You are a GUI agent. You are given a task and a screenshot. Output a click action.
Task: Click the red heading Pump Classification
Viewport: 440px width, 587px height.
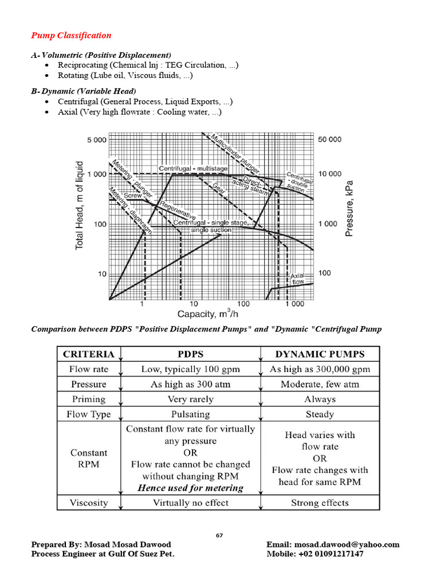pyautogui.click(x=71, y=36)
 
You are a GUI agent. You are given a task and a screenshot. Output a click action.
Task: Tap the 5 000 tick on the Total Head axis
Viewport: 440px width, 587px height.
pyautogui.click(x=96, y=140)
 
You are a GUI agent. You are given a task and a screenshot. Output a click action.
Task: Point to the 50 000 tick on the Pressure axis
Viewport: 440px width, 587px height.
pyautogui.click(x=329, y=139)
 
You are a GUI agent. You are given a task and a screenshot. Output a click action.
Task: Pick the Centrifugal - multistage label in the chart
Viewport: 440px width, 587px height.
pyautogui.click(x=193, y=169)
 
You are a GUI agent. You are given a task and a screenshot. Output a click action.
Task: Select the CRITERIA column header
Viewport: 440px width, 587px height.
pyautogui.click(x=88, y=354)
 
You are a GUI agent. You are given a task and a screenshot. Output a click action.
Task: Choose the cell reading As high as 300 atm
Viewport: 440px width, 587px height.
pyautogui.click(x=190, y=384)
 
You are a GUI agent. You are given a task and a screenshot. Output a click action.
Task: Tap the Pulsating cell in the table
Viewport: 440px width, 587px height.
pyautogui.click(x=190, y=414)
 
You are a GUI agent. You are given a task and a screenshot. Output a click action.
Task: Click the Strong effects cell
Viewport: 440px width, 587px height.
pyautogui.click(x=320, y=503)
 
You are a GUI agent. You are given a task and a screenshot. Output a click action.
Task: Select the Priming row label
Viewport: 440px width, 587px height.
pyautogui.click(x=88, y=399)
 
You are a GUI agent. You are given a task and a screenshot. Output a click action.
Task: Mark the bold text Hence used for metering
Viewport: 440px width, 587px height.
pyautogui.click(x=190, y=488)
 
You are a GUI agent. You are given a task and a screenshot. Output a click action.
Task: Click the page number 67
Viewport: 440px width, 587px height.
pyautogui.click(x=219, y=535)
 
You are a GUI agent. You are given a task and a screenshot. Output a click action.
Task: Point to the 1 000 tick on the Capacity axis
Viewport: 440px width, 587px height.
pyautogui.click(x=293, y=304)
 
